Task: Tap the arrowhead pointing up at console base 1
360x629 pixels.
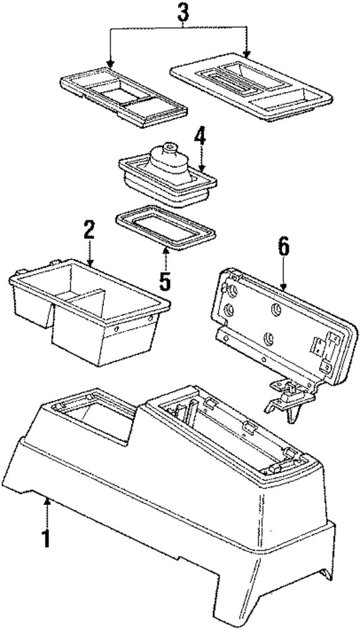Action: tap(48, 501)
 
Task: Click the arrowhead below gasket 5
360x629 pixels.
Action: tap(165, 251)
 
